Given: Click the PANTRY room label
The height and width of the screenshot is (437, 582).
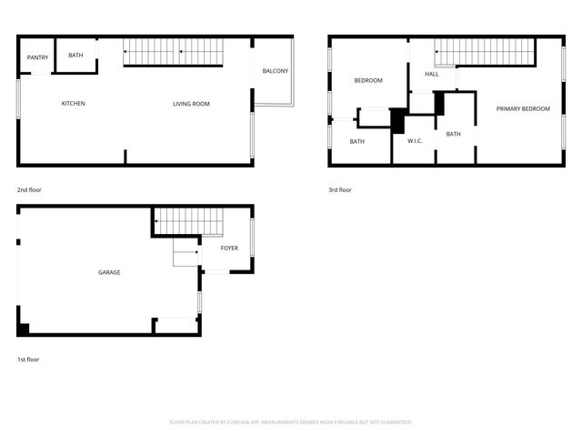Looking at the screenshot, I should (x=37, y=57).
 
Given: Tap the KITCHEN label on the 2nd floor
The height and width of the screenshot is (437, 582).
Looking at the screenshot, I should (x=74, y=104).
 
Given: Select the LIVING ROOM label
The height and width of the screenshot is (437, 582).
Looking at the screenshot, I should (x=191, y=104).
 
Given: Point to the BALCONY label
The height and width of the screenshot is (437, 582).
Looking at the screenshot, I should (x=275, y=71).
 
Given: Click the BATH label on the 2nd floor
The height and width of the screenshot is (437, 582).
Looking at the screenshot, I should (x=75, y=56).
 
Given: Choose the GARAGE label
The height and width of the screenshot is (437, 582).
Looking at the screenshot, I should (x=109, y=272).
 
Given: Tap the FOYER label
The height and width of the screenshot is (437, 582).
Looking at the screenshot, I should (x=229, y=248).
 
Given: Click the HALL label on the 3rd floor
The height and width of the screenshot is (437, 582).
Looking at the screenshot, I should (x=432, y=75).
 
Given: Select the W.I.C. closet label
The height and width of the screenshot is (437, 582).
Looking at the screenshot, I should (x=415, y=141).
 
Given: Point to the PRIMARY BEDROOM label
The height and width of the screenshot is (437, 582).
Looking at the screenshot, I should (x=523, y=109).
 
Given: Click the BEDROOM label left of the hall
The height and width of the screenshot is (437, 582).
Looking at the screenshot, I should (x=368, y=81).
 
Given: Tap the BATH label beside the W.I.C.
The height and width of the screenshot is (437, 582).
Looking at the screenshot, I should (x=453, y=135).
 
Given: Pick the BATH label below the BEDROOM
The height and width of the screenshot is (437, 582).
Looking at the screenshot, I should (x=357, y=141).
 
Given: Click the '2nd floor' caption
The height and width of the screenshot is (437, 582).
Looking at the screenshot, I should (x=29, y=190).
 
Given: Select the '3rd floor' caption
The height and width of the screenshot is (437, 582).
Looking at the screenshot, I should (x=340, y=190).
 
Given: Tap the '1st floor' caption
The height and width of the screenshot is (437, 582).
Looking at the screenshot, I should (x=28, y=360).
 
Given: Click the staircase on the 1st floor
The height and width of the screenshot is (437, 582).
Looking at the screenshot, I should (x=187, y=221).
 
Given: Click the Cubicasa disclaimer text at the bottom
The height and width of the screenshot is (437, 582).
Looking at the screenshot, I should (x=291, y=422).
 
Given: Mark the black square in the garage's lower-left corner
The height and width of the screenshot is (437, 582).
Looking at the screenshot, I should (x=24, y=329).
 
